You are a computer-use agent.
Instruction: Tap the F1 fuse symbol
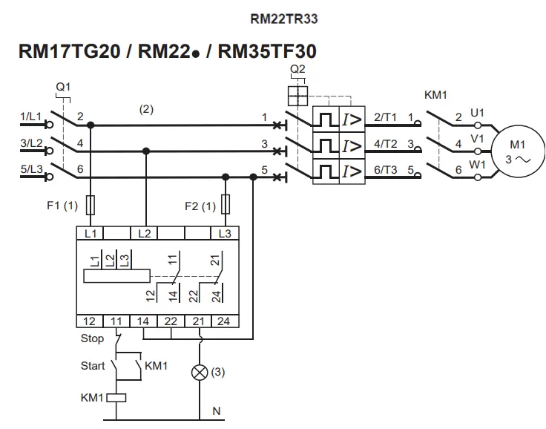point(90,204)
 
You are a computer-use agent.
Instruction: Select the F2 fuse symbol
point(226,204)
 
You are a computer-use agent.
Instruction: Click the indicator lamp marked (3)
point(200,373)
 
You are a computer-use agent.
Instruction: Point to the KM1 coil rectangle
point(118,397)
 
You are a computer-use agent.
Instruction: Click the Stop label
point(91,339)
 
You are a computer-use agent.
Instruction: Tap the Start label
point(93,366)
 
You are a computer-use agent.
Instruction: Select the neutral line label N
point(217,410)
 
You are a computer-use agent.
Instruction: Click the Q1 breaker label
point(64,87)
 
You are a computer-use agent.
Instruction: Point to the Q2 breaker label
point(298,70)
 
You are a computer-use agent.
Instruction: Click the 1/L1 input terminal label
point(32,117)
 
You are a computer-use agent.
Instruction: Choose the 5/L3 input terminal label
point(32,169)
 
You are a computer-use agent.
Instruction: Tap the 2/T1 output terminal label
point(387,117)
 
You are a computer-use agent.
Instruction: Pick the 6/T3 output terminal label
point(387,169)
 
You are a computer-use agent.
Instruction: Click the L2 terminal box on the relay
point(145,233)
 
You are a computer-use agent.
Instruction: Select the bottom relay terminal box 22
point(171,321)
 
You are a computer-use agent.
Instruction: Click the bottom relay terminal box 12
point(90,321)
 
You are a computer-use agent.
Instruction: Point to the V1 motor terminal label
point(478,139)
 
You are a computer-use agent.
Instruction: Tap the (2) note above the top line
point(146,109)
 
